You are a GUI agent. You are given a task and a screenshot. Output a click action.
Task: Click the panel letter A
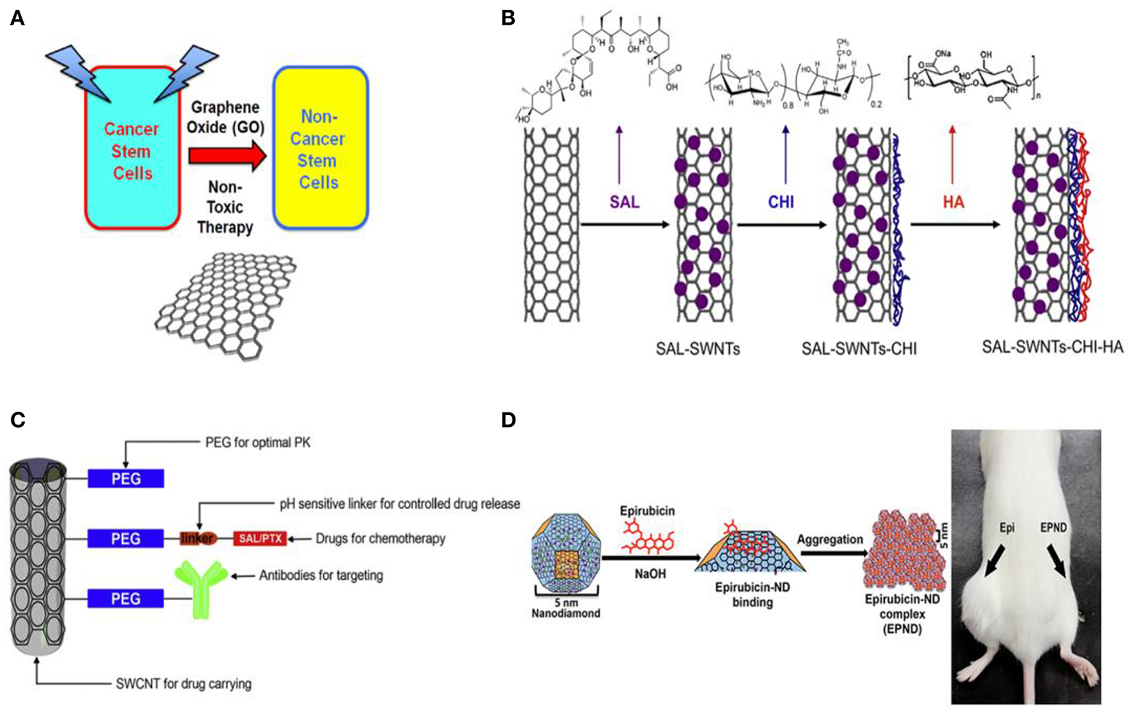17,18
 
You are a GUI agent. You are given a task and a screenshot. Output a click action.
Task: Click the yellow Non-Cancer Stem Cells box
320,148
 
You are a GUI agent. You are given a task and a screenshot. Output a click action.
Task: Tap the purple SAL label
624,202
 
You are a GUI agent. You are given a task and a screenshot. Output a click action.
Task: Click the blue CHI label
781,202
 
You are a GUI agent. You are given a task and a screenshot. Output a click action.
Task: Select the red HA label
953,202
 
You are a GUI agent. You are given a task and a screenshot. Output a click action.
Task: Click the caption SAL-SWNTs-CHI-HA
1052,347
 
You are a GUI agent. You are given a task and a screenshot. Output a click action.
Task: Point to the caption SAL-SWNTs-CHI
859,348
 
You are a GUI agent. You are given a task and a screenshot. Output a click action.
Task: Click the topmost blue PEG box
126,479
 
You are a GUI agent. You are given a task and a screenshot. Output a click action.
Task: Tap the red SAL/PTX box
259,539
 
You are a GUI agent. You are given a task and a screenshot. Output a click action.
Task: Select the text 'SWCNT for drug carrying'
183,684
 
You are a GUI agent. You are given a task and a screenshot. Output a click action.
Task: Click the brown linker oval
198,539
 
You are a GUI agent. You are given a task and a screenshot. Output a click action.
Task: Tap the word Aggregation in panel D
830,539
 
